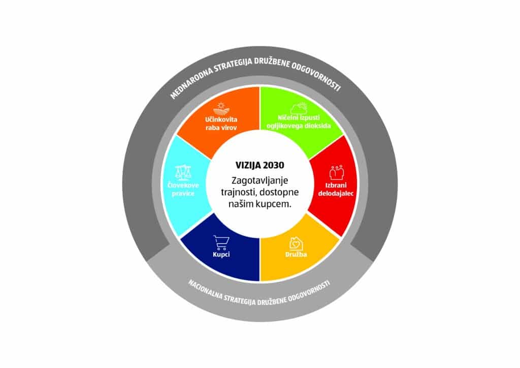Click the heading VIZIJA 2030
pyautogui.click(x=259, y=165)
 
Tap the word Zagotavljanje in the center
pyautogui.click(x=259, y=180)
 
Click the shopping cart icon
pyautogui.click(x=219, y=241)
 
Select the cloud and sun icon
pyautogui.click(x=299, y=108)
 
